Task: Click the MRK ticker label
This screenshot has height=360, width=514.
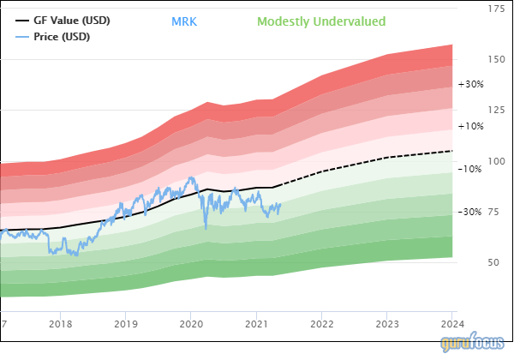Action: tap(184, 21)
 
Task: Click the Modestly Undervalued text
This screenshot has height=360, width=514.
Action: tap(321, 21)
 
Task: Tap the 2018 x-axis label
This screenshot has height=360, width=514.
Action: tap(60, 324)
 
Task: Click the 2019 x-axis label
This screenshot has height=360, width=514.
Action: tap(125, 324)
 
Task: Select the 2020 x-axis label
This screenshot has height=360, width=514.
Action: tap(190, 324)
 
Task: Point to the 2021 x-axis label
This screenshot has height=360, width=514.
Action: tap(256, 324)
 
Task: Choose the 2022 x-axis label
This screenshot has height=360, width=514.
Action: tap(321, 324)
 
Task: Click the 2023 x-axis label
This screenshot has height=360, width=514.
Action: tap(387, 324)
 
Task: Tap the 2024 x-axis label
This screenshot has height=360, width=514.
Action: tap(451, 324)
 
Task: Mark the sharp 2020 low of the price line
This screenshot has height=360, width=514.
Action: tap(206, 227)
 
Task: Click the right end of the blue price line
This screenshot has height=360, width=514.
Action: tap(280, 203)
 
